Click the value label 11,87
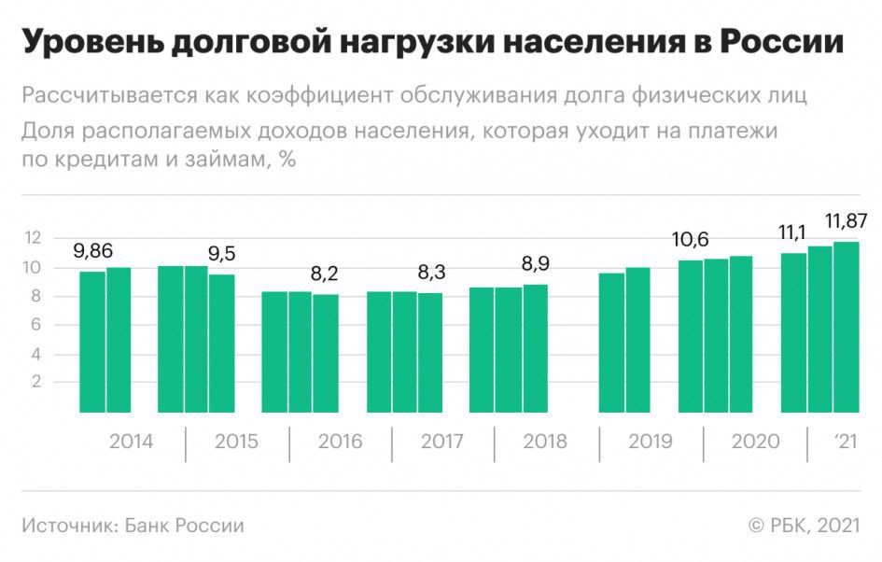847,221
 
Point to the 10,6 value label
691,241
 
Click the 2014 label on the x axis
132,442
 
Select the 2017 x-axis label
441,442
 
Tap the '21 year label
845,442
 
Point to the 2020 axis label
753,442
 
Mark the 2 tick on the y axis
36,382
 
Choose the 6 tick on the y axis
36,324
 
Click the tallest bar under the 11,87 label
847,327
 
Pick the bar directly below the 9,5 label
222,343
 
